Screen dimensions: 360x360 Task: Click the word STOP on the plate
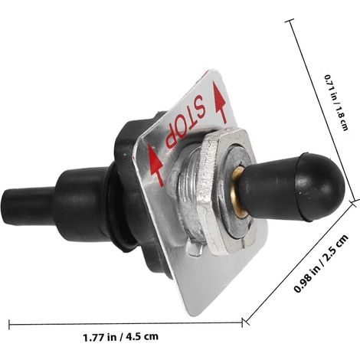coord(185,122)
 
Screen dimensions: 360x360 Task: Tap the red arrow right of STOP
coord(220,102)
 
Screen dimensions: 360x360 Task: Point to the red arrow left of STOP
coord(155,165)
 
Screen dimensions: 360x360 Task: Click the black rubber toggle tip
coord(293,187)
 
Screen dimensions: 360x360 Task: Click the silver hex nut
coord(227,191)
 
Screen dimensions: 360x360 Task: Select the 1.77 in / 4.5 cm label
coord(121,336)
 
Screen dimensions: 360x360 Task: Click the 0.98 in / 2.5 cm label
coord(321,263)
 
